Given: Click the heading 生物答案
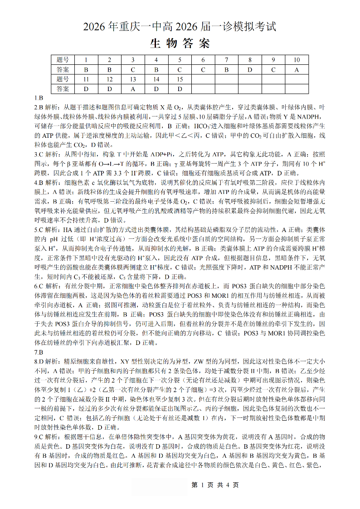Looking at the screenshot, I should click(x=180, y=44).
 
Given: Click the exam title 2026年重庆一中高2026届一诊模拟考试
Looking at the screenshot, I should click(x=180, y=27).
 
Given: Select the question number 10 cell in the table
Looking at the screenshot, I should click(x=297, y=60).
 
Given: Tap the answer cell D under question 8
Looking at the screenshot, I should click(x=250, y=70).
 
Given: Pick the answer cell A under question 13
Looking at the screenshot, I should click(x=133, y=89).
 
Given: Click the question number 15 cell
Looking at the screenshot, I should click(x=180, y=79).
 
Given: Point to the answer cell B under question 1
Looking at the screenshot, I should click(x=86, y=70).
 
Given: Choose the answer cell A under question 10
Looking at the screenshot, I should click(x=297, y=70).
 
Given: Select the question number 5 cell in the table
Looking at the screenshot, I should click(x=180, y=60).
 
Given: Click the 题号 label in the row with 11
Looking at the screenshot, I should click(x=63, y=79).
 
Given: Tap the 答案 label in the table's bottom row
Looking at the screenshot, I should click(x=63, y=89).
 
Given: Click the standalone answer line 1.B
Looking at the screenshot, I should click(x=39, y=98).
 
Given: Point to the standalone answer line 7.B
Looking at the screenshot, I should click(x=39, y=352).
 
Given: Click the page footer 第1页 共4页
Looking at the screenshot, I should click(x=215, y=485).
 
